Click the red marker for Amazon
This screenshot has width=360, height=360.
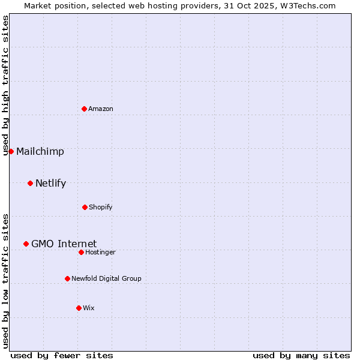[84, 109]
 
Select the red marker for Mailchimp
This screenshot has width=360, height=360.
[11, 151]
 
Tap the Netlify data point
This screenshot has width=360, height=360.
[30, 183]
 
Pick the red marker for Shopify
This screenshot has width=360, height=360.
[85, 207]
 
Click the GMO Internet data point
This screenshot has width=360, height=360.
[26, 244]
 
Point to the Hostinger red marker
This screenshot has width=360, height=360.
[81, 252]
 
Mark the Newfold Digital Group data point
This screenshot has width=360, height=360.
[67, 278]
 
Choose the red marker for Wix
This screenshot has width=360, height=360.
[79, 308]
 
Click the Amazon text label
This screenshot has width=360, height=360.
[101, 109]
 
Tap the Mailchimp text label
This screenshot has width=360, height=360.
[40, 151]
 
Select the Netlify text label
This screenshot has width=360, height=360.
[51, 183]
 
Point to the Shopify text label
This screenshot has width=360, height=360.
[101, 207]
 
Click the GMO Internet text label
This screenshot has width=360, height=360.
[64, 244]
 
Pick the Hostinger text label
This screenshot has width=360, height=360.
[101, 252]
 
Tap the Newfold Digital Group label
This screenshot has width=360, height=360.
[107, 278]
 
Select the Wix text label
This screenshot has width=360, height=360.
[89, 308]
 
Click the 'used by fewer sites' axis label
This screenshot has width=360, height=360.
[62, 355]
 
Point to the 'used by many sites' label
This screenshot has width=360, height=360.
[301, 355]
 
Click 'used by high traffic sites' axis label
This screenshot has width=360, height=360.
[5, 85]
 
